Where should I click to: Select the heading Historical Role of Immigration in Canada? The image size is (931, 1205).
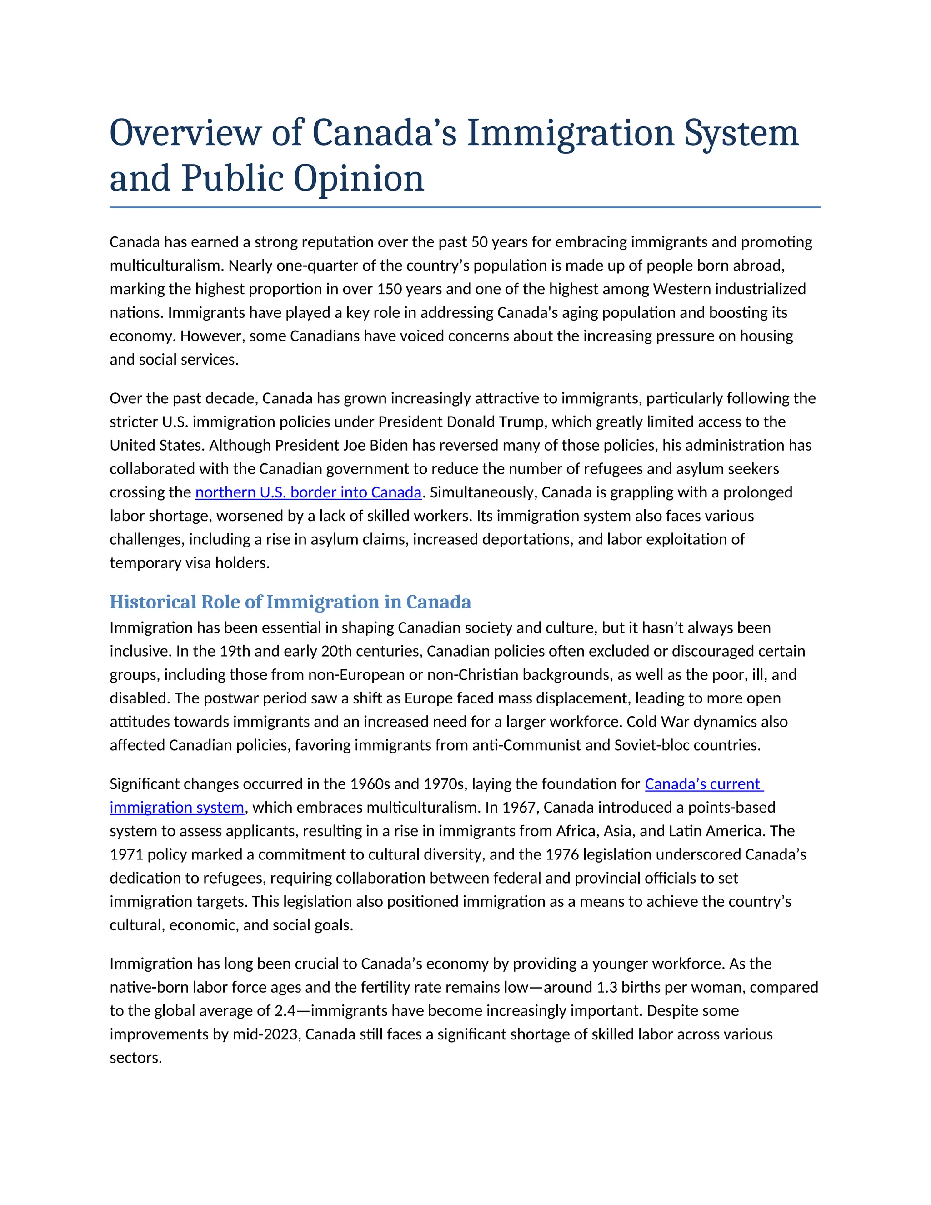pos(290,602)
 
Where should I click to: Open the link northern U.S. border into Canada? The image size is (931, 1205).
pos(308,492)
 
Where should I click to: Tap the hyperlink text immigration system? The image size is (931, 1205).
pos(176,807)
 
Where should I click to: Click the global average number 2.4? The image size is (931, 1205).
pos(285,1011)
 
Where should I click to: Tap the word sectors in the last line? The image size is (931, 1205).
pos(135,1058)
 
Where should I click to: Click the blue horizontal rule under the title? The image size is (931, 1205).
pos(465,207)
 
